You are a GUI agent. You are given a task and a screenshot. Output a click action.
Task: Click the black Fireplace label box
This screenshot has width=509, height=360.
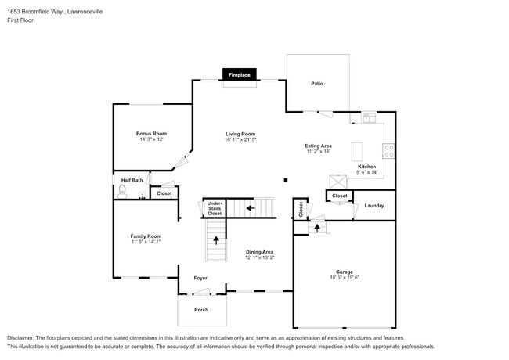click(x=239, y=75)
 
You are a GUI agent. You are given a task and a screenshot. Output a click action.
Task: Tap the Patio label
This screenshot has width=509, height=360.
click(x=317, y=83)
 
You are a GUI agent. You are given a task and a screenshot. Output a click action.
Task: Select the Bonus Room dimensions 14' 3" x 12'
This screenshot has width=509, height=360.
click(x=152, y=139)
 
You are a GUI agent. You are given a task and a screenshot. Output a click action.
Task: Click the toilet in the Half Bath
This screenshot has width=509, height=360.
click(x=122, y=190)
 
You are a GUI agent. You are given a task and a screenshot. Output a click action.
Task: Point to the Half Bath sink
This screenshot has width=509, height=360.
click(x=142, y=196)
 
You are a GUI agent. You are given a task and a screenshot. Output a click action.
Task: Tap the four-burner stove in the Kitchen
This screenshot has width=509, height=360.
click(x=389, y=150)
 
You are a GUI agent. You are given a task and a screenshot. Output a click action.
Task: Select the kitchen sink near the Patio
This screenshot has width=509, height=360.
click(x=368, y=118)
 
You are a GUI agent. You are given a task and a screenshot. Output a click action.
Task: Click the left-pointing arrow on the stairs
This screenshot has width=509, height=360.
click(x=251, y=208)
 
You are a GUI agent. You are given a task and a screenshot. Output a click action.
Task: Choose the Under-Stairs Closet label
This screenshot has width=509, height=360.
click(x=215, y=207)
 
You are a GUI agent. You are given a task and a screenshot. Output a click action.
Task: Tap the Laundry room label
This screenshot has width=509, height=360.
click(x=374, y=205)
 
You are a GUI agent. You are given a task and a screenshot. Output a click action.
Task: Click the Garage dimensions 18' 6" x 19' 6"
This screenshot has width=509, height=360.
click(x=345, y=277)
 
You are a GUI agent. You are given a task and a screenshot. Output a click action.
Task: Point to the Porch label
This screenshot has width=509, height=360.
click(x=201, y=310)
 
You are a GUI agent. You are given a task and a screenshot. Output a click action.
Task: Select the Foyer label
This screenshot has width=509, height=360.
click(x=201, y=277)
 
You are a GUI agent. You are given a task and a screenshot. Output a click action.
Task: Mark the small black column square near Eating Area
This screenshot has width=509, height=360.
click(x=286, y=178)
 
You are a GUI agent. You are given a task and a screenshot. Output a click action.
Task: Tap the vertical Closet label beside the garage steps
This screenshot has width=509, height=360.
click(x=301, y=208)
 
